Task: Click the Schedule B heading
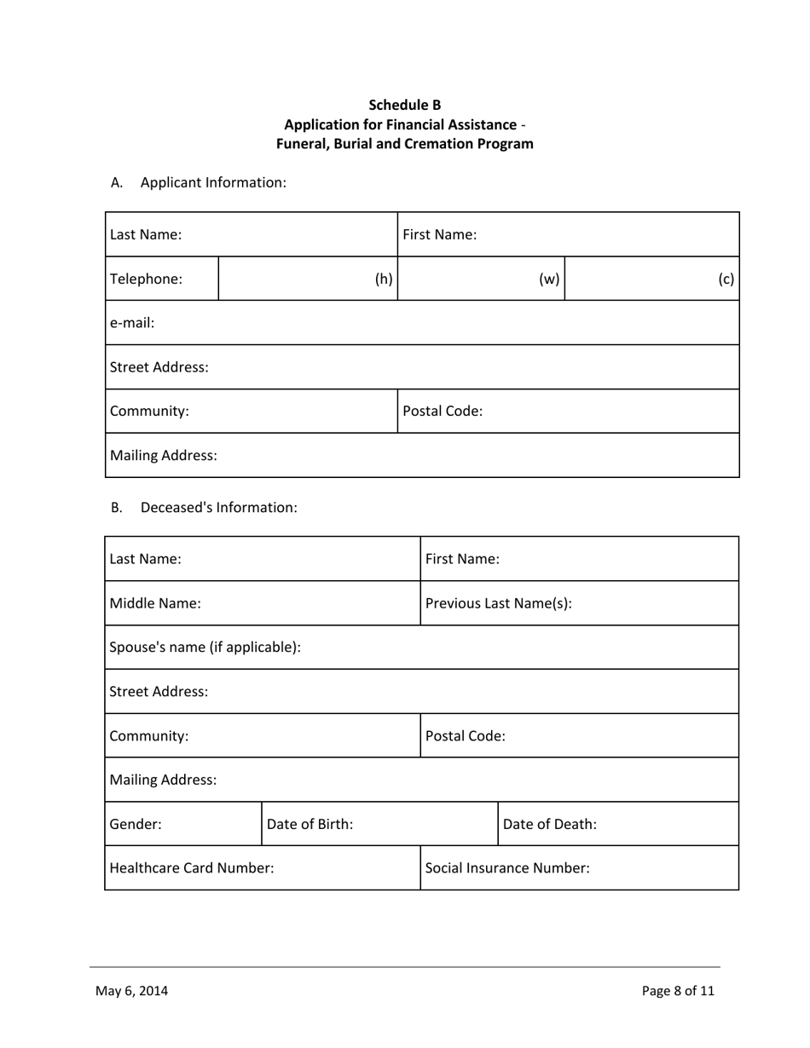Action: (404, 105)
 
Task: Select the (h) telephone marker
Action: (384, 279)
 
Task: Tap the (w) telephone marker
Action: (549, 279)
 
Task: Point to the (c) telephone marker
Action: (726, 279)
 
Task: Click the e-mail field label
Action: (132, 323)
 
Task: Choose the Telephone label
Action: (147, 279)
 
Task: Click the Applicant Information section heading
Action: (213, 182)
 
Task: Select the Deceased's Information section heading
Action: (218, 507)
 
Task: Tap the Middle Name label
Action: (156, 603)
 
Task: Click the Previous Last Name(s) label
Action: (498, 603)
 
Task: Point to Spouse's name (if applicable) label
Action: (205, 647)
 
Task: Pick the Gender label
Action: (136, 824)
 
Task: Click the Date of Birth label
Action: (310, 824)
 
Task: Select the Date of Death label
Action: (550, 824)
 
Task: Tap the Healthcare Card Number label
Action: (193, 868)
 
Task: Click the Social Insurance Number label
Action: (507, 868)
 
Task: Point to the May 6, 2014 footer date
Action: (131, 990)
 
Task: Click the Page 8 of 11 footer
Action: (678, 990)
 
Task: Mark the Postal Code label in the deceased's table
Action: (466, 735)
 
